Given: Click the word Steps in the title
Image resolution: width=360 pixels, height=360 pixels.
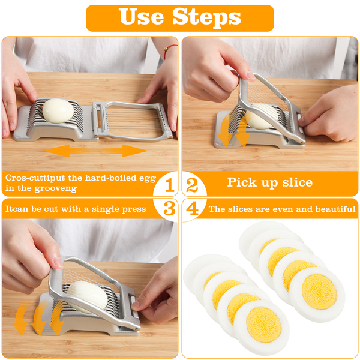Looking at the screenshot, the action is point(206,17).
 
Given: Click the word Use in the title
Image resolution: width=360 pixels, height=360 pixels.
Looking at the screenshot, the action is point(141,16).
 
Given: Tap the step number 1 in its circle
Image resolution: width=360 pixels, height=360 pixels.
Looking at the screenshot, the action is point(170,185).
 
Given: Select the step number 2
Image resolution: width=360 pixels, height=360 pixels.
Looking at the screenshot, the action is point(192,185).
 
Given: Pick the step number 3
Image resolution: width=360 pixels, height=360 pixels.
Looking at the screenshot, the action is point(169,208).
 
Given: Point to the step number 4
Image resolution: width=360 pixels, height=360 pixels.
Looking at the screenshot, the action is point(193,208).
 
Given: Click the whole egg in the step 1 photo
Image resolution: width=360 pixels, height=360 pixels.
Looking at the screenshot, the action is point(58,110).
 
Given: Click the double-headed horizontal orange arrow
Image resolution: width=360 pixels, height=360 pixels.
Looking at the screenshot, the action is point(95,151).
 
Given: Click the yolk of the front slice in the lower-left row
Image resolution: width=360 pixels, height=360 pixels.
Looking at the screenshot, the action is point(264,325).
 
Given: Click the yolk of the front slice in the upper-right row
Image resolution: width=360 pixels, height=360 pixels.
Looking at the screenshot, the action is point(319,292).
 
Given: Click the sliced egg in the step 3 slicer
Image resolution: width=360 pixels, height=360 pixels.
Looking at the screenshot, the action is point(88,297).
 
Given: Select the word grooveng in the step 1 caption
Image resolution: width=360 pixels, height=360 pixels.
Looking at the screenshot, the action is point(56,188).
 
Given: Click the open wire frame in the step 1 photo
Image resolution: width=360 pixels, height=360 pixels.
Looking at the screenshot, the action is point(133,121).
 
